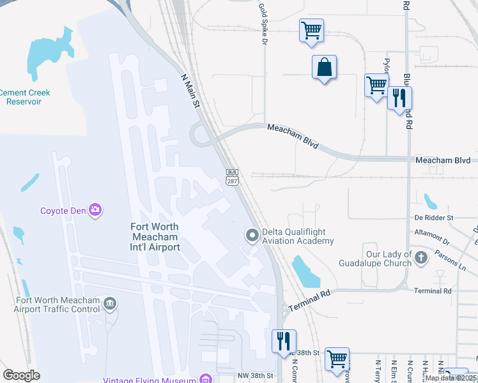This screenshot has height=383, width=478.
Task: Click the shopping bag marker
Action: coord(324,67)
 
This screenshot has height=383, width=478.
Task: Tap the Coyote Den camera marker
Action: coord(95,209)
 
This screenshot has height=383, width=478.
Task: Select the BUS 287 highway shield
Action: coord(233,177)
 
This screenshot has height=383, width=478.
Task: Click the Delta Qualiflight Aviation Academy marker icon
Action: coord(252,236)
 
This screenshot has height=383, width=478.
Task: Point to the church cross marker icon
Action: coord(420,258)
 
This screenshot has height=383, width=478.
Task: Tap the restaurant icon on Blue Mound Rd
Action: coord(399,98)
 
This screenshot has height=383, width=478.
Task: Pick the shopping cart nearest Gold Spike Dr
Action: coord(311,29)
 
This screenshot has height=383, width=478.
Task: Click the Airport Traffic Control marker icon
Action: coord(110,303)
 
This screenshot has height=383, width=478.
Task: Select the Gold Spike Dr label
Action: coord(263,24)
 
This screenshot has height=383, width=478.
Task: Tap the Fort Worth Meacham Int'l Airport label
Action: coord(155,236)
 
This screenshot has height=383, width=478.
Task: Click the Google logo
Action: coord(21,375)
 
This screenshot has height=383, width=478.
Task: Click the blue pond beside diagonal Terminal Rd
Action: coord(305,271)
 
